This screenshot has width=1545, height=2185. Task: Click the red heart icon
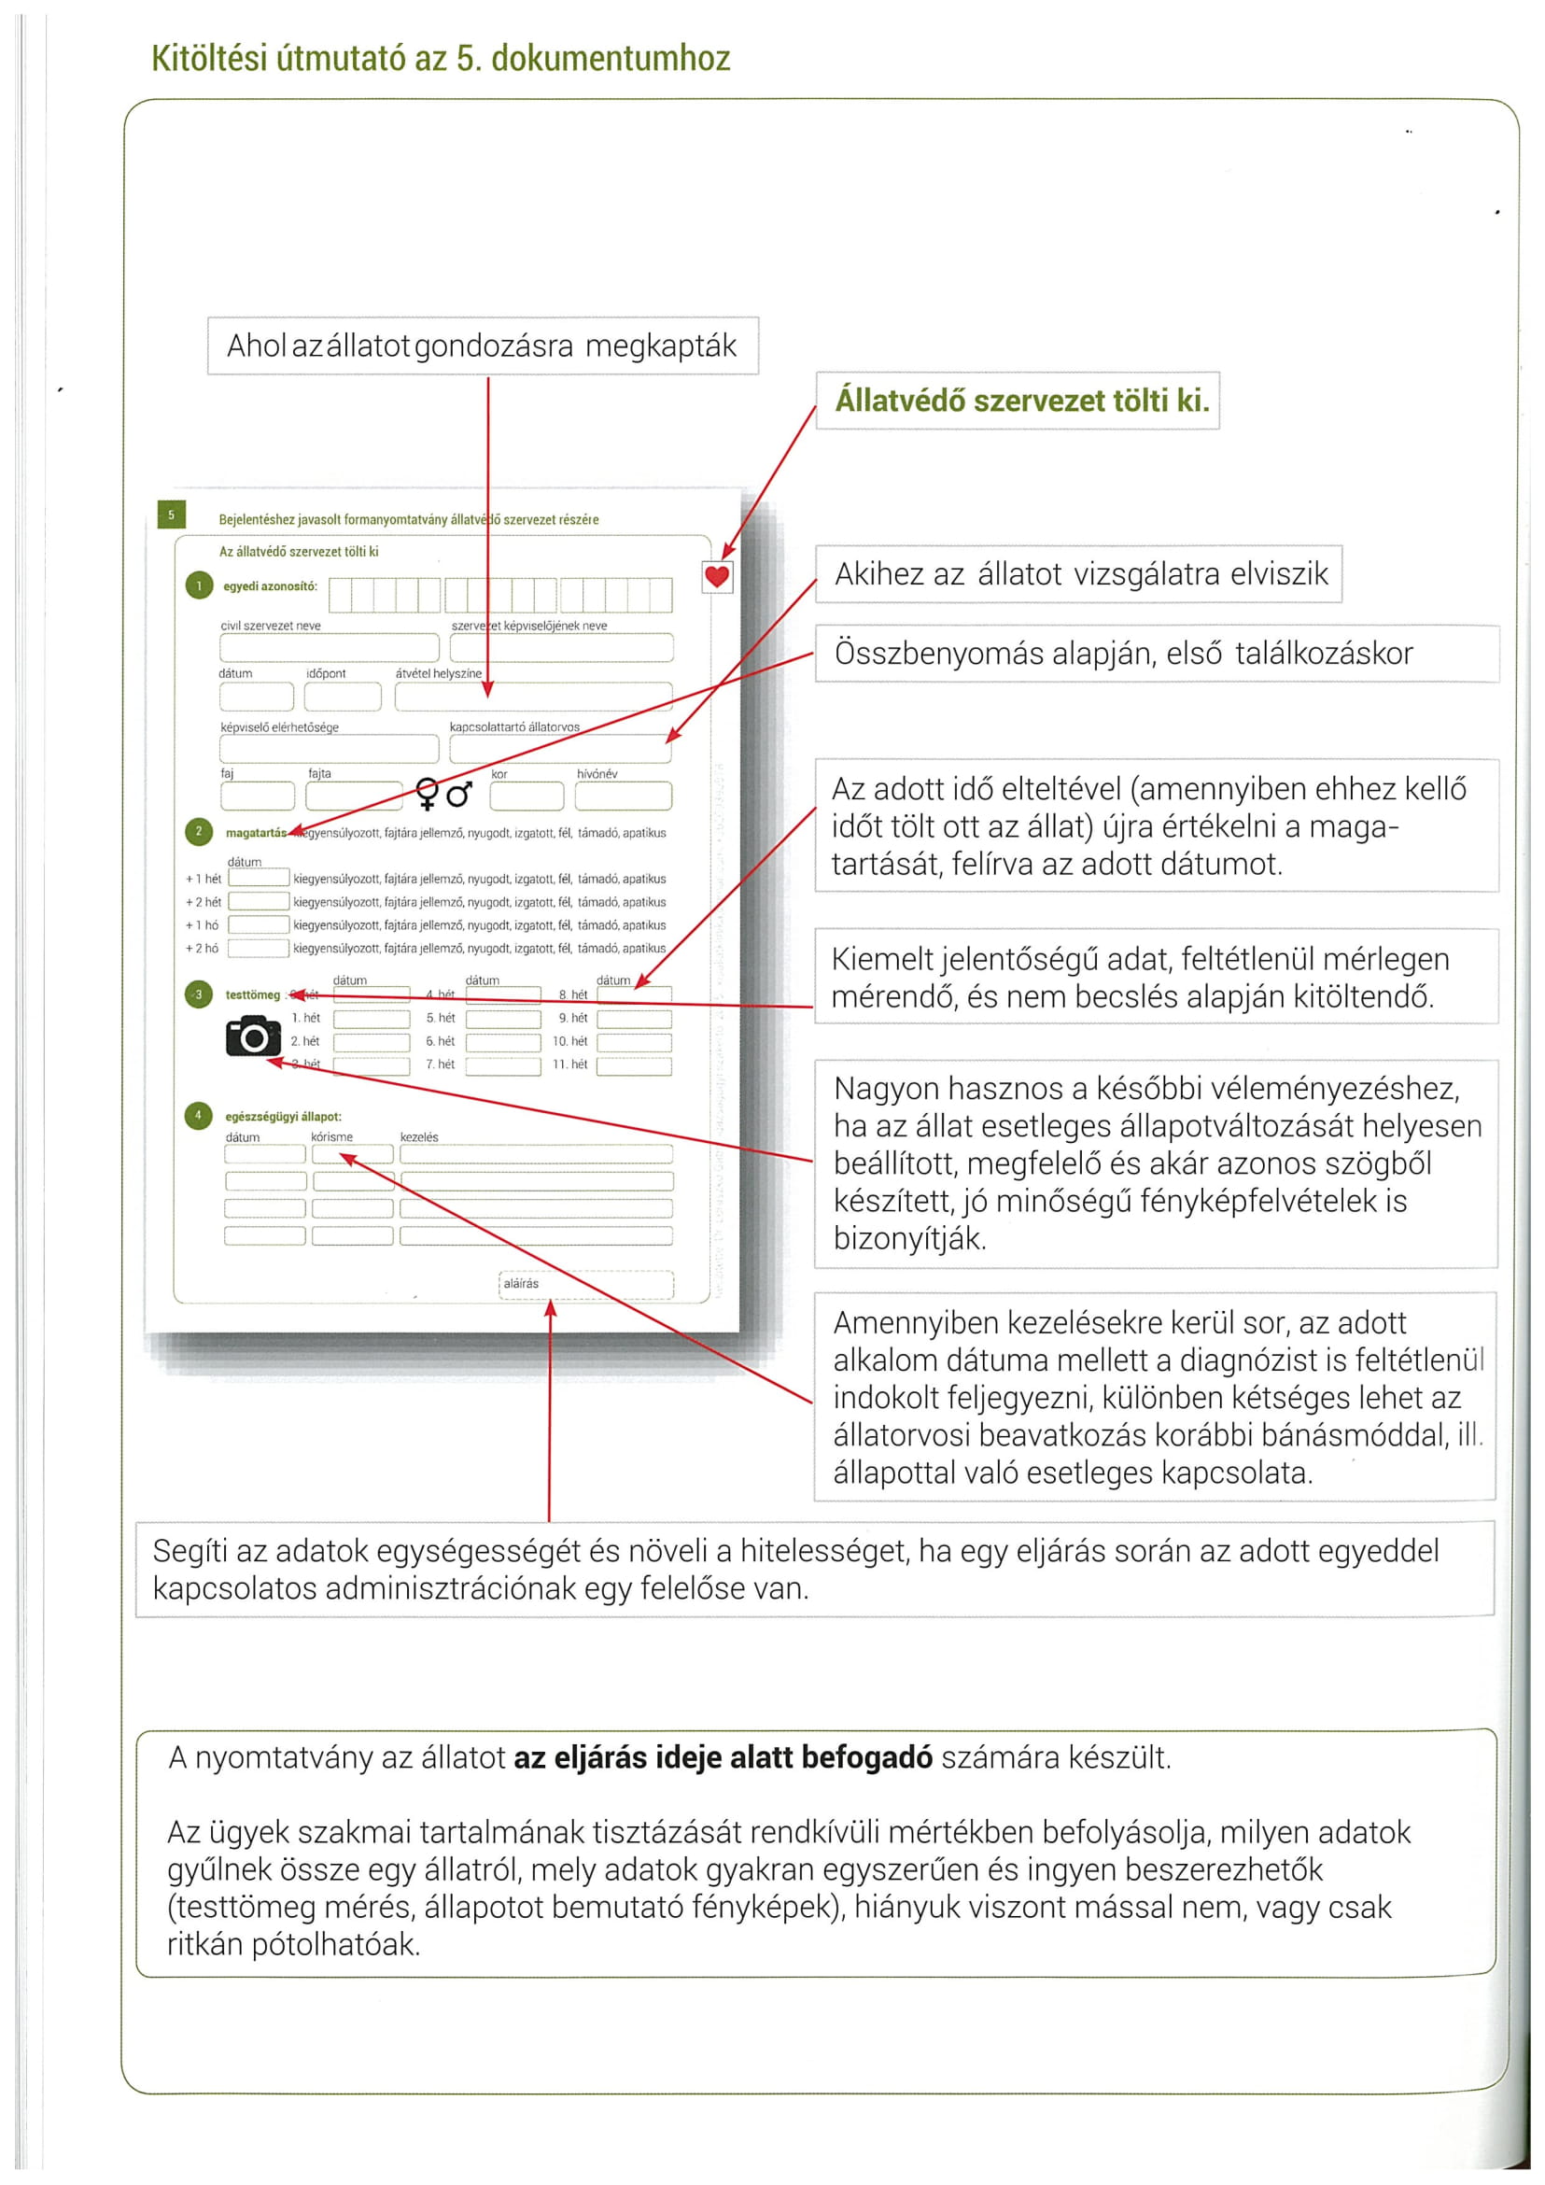point(716,576)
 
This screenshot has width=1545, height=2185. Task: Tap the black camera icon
point(253,1036)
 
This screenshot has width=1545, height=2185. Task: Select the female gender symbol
point(428,793)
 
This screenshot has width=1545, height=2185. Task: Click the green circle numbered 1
point(199,585)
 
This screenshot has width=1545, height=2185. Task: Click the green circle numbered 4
point(198,1115)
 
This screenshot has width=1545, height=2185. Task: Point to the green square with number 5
point(171,515)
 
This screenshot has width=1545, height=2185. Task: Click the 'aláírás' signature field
point(585,1284)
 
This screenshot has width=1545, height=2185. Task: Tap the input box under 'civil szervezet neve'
point(330,647)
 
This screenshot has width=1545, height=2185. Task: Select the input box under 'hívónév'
point(624,795)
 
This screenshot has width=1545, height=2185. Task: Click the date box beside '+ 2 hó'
point(259,948)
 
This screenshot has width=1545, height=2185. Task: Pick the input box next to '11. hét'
point(634,1064)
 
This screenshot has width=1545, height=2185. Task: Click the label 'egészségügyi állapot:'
point(284,1116)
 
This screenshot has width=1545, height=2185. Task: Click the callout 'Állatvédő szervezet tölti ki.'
point(1022,401)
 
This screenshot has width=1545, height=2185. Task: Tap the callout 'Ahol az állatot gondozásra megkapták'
point(483,345)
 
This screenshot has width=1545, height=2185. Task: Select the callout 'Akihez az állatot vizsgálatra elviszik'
point(1080,574)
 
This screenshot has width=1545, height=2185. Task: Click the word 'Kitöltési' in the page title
point(208,59)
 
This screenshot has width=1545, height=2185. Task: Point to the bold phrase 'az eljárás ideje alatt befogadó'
point(723,1756)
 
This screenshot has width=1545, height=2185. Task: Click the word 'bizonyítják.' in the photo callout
point(909,1238)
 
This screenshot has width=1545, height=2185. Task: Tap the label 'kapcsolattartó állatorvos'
point(514,727)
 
